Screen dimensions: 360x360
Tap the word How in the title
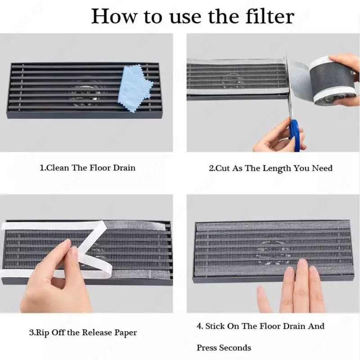[114, 16]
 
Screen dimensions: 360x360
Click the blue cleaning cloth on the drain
[134, 88]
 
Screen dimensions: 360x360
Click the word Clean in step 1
[58, 168]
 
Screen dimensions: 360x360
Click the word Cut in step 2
[223, 168]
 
